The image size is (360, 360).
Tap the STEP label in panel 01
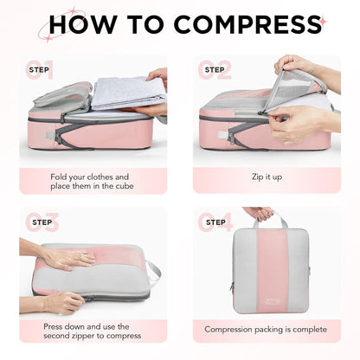point(39,68)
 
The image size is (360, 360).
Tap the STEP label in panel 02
point(214,68)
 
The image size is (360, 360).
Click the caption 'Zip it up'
point(266,176)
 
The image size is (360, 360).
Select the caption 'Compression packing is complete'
point(266,329)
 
